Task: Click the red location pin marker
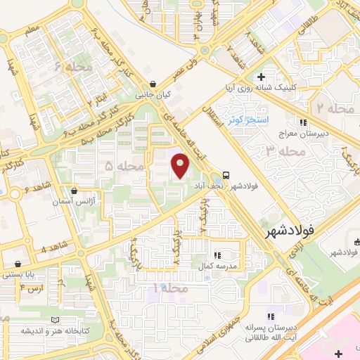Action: coord(180,167)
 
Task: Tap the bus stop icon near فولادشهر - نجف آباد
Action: coord(226,175)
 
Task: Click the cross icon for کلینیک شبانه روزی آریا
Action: coord(261,77)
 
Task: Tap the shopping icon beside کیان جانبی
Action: coord(153,84)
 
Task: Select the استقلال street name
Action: coord(216,112)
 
